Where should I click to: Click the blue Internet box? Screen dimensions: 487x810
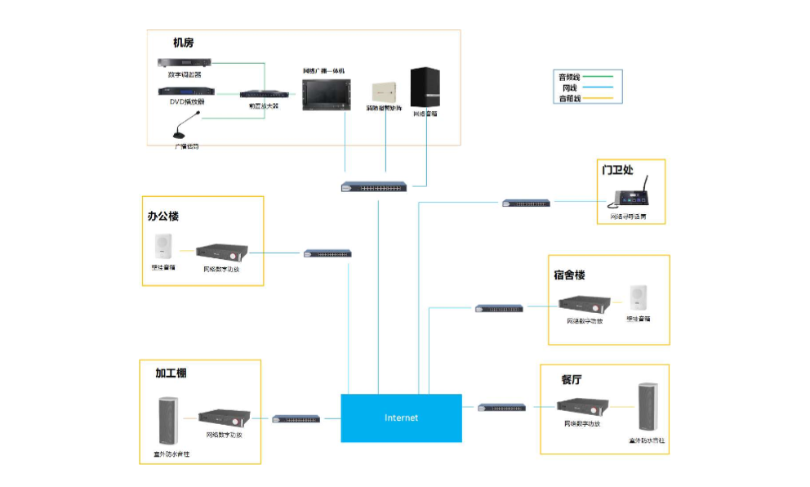401,418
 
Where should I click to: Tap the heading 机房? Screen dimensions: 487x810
183,42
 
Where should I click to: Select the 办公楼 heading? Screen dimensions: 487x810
162,217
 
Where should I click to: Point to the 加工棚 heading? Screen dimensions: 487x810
171,373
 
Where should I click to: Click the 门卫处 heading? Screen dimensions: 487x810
617,170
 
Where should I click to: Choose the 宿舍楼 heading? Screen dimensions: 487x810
569,275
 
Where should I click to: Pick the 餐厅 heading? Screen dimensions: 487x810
572,380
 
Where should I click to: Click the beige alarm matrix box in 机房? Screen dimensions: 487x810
384,92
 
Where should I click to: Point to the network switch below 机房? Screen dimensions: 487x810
373,187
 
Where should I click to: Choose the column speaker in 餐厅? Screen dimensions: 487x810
648,409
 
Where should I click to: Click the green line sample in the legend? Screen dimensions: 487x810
599,77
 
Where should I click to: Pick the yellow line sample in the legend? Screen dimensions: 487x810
599,98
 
